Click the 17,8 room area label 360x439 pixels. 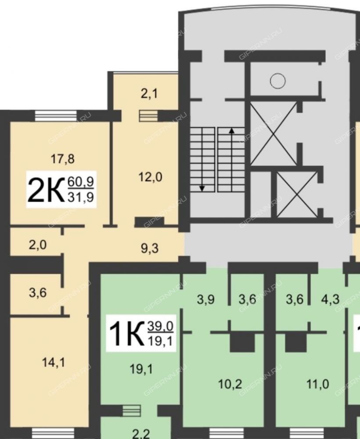pyautogui.click(x=62, y=159)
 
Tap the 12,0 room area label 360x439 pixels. pyautogui.click(x=150, y=177)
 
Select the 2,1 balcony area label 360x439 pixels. pyautogui.click(x=149, y=94)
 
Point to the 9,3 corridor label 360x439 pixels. pyautogui.click(x=150, y=248)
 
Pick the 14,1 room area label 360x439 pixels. pyautogui.click(x=53, y=363)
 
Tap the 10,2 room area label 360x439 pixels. pyautogui.click(x=230, y=384)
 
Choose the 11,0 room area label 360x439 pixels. pyautogui.click(x=317, y=384)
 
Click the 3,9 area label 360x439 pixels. pyautogui.click(x=206, y=299)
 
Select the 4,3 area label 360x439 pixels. pyautogui.click(x=331, y=299)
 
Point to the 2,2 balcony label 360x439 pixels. pyautogui.click(x=141, y=434)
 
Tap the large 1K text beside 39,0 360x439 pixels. pyautogui.click(x=127, y=334)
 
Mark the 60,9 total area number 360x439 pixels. pyautogui.click(x=81, y=182)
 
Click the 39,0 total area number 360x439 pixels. pyautogui.click(x=160, y=326)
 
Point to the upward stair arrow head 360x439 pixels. pyautogui.click(x=231, y=130)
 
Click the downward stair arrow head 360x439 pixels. pyautogui.click(x=202, y=189)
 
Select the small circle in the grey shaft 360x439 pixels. pyautogui.click(x=278, y=81)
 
